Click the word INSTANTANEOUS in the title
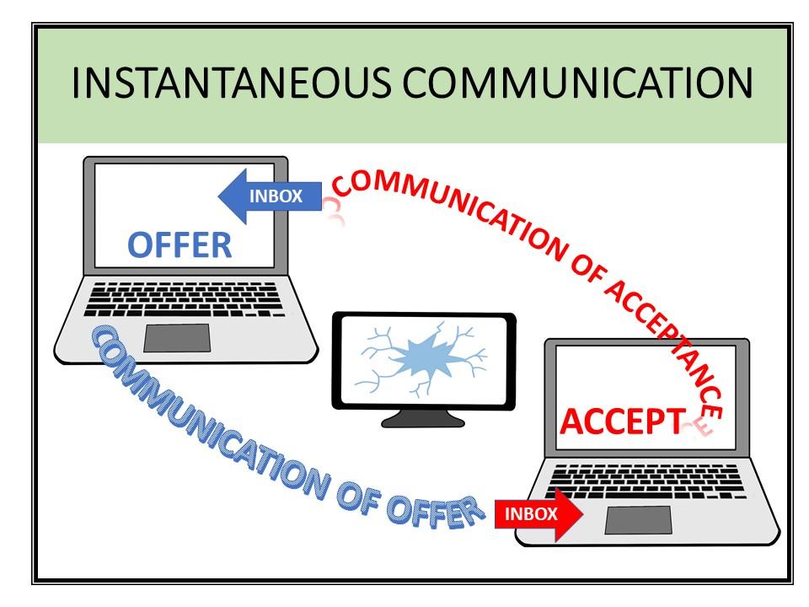coord(230,83)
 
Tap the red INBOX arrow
coord(538,513)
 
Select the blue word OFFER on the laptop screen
coord(179,244)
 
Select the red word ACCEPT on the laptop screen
coord(619,421)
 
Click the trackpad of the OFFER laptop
coord(176,337)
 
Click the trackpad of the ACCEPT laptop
coord(638,519)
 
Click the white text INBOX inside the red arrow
coord(531,513)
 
